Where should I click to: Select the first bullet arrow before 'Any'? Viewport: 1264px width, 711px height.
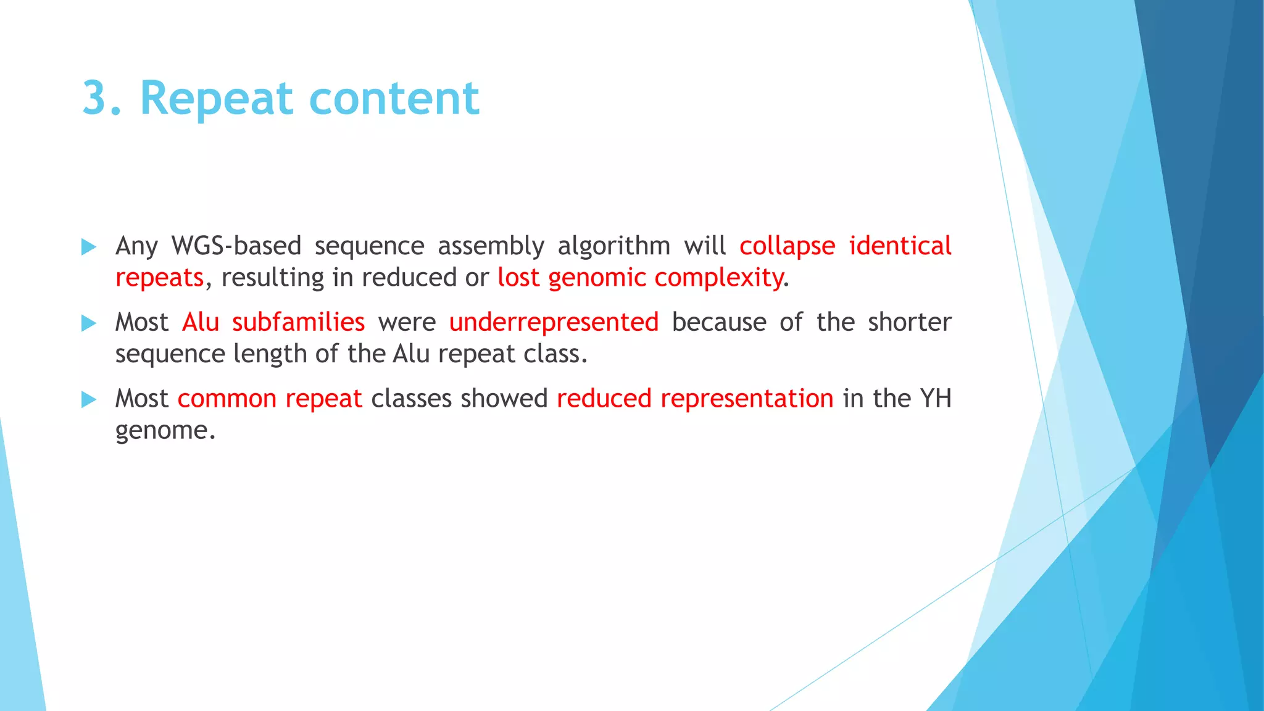89,247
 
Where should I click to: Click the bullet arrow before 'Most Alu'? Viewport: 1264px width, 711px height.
89,323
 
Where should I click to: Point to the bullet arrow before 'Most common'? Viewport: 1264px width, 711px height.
89,400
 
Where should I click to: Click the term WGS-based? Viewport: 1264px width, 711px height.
236,246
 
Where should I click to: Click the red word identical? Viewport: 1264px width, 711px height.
900,246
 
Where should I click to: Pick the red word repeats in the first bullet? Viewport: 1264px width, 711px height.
159,278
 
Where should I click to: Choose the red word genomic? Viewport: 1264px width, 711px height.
596,278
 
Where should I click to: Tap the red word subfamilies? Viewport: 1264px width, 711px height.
298,322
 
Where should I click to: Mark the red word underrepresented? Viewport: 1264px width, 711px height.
554,323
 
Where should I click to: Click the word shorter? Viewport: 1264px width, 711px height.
909,322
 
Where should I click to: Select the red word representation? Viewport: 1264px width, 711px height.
747,399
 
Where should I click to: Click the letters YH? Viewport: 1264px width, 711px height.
935,399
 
